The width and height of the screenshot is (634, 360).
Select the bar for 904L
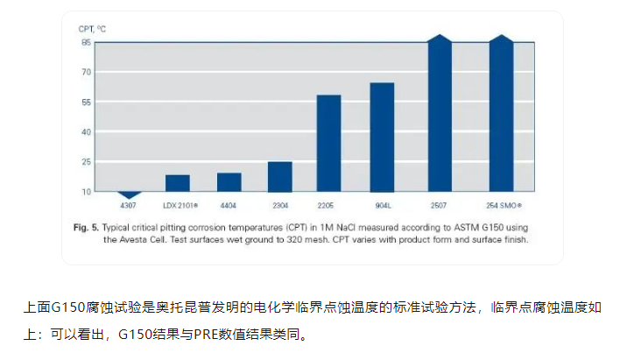pos(382,137)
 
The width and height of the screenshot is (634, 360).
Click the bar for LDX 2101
pos(178,182)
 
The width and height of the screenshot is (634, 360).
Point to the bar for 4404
pos(229,181)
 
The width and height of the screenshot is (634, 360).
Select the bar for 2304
pos(280,176)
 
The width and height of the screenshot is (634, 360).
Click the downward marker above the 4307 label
pos(129,194)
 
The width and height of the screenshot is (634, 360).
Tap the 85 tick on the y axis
pos(86,42)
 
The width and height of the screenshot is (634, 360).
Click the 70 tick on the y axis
pos(86,72)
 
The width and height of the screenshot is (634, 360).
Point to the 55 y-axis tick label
pos(86,102)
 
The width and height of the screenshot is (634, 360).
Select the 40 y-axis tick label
pos(86,132)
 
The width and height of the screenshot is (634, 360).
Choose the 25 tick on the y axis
pos(86,162)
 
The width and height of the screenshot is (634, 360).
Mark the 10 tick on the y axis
pos(86,192)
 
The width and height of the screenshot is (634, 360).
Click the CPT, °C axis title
pos(93,28)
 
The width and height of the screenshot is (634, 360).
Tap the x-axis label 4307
pos(129,206)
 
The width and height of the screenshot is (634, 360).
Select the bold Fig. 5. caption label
pos(88,226)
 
